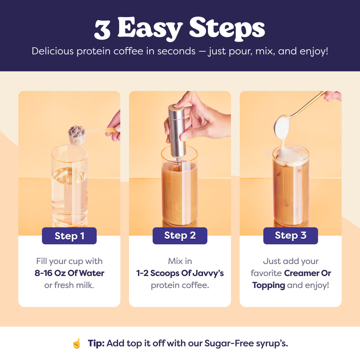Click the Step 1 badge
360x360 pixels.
69,236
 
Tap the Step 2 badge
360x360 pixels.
180,236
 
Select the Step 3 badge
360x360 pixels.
291,236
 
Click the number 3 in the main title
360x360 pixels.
102,29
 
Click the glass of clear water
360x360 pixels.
70,187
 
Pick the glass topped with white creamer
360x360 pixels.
291,187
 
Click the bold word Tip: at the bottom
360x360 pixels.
96,343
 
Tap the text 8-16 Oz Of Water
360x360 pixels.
69,273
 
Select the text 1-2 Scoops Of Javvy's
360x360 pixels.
180,273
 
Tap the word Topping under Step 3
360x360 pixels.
269,285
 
